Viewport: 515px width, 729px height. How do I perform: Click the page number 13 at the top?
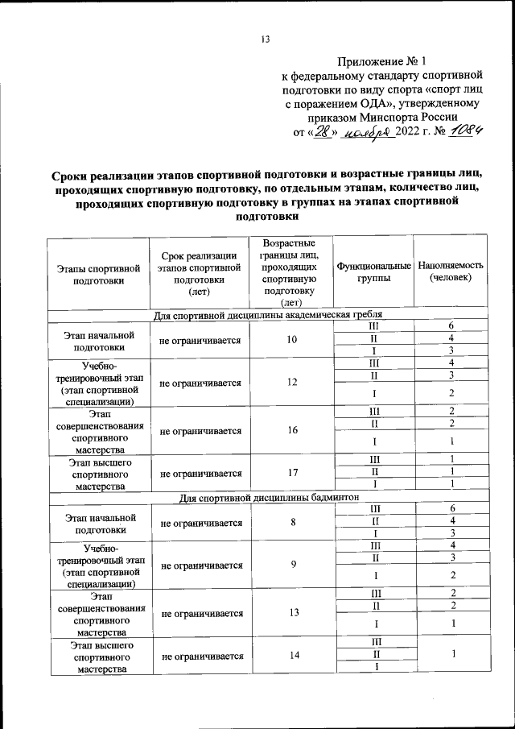[266, 39]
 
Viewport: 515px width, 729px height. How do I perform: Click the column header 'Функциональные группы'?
[373, 271]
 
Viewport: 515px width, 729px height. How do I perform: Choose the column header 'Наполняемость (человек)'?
[451, 271]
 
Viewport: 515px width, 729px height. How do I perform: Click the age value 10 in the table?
[291, 340]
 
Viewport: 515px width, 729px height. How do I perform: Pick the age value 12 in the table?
[291, 383]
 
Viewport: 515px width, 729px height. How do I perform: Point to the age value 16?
[291, 431]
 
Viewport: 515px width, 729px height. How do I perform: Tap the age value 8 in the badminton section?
[291, 523]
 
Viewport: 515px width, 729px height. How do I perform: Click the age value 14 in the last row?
[291, 656]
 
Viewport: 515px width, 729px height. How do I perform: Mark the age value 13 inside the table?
[291, 613]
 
